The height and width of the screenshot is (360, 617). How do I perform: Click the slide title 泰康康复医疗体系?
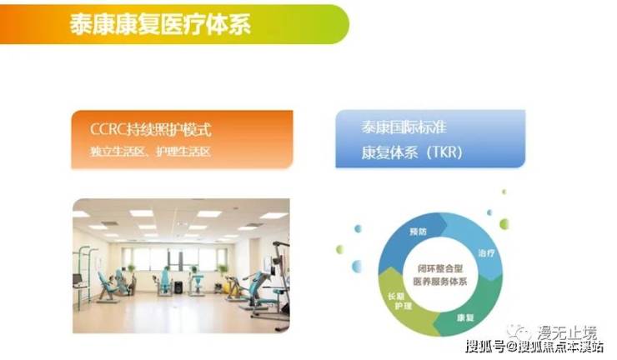(161, 24)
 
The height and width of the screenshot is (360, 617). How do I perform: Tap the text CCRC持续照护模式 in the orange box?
(151, 129)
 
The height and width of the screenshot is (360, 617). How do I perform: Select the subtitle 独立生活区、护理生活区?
(151, 152)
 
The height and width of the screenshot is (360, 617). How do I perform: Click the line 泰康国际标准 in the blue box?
(404, 127)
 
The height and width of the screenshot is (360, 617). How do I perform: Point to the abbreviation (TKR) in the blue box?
(444, 152)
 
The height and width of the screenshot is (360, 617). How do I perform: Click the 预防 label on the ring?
(418, 232)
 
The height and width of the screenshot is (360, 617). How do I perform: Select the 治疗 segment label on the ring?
(486, 253)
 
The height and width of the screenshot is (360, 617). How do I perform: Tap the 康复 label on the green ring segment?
(465, 317)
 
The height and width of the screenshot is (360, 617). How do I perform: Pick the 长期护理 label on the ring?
(399, 301)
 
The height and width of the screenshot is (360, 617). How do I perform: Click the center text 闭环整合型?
(440, 268)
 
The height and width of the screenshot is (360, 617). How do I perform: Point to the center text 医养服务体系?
(440, 282)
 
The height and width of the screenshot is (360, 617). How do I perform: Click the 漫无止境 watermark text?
(567, 332)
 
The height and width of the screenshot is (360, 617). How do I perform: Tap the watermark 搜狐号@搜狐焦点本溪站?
(534, 347)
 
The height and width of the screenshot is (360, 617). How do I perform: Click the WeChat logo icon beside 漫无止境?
(520, 333)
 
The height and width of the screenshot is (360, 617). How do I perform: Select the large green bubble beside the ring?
(504, 224)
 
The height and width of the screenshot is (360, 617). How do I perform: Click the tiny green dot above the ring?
(504, 192)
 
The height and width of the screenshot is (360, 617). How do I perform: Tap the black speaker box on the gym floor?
(178, 287)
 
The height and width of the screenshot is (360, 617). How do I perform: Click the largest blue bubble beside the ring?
(357, 267)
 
